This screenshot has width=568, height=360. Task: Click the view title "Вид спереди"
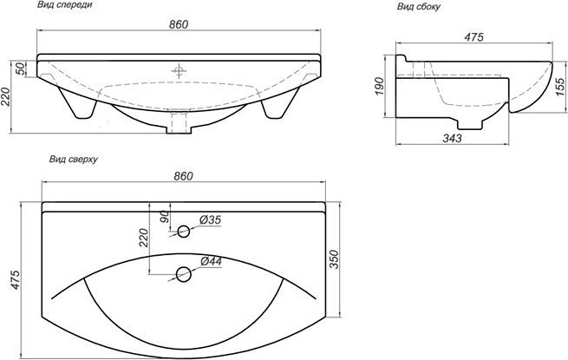click(65, 4)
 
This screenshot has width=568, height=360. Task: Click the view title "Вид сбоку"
click(418, 7)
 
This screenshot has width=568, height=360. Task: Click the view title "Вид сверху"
click(74, 159)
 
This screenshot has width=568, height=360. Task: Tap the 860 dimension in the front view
click(179, 24)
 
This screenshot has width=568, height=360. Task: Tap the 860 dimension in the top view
click(183, 176)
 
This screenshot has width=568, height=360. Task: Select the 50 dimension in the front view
click(21, 69)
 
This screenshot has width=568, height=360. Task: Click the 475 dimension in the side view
click(474, 37)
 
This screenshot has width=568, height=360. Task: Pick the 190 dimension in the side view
click(379, 86)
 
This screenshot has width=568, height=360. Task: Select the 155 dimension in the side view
click(559, 87)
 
